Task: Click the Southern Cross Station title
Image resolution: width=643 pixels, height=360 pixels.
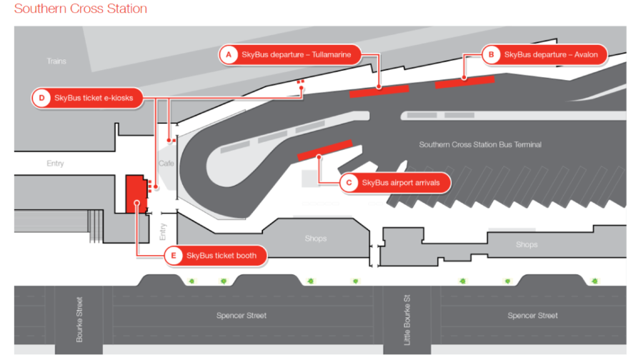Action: pos(81,9)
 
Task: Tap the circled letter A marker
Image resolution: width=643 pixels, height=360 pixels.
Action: pos(228,54)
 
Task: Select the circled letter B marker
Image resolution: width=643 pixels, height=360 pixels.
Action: pos(490,54)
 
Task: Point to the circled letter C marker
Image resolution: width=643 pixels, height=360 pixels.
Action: pos(348,183)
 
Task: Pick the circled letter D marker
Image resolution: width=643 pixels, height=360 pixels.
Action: pos(41,98)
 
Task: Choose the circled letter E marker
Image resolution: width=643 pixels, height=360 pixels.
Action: pos(172,256)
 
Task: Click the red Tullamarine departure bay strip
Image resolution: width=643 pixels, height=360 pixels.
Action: pos(379,90)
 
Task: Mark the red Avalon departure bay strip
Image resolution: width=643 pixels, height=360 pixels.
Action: pos(464,81)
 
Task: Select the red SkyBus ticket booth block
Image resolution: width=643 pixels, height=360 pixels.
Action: pos(135,194)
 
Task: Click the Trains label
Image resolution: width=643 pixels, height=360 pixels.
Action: pos(56,61)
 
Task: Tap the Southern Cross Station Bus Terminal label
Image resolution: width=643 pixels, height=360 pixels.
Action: pos(480,144)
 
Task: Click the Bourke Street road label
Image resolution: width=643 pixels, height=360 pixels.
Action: pos(79,319)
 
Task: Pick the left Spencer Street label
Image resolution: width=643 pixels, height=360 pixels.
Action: pos(241,315)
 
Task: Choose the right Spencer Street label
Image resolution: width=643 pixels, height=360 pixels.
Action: pos(532,315)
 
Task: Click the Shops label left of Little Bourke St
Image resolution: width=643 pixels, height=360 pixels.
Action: pos(315,239)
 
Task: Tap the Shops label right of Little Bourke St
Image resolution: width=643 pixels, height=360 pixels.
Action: pos(527,245)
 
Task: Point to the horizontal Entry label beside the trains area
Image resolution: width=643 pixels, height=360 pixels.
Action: pos(55,164)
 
